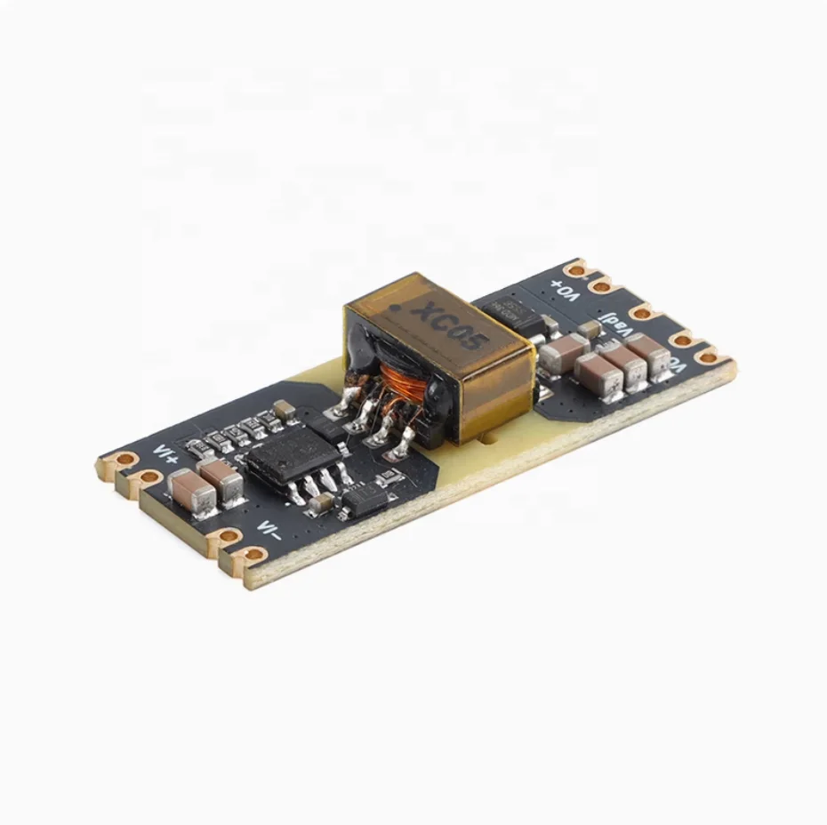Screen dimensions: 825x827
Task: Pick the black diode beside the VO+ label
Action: pyautogui.click(x=511, y=313)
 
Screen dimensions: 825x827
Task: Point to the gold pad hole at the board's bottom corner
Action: pyautogui.click(x=255, y=557)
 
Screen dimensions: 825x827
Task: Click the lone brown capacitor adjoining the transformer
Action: pyautogui.click(x=562, y=356)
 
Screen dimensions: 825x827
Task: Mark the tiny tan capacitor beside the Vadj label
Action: pyautogui.click(x=587, y=331)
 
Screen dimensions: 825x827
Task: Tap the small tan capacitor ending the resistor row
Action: pyautogui.click(x=284, y=410)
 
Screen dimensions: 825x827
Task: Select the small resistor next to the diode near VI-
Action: pyautogui.click(x=386, y=478)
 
